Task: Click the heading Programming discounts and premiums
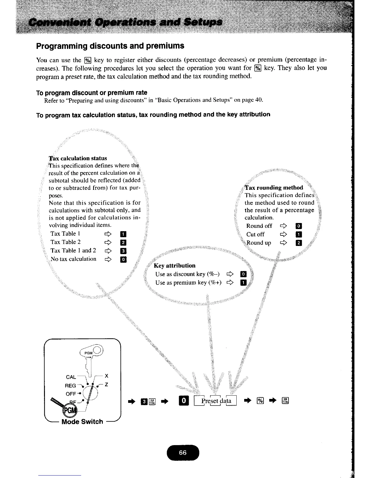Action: point(110,46)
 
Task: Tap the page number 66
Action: point(183,452)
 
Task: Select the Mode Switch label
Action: point(82,422)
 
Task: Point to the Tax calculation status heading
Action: point(78,158)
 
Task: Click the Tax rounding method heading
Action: point(274,188)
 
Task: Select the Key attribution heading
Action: point(175,266)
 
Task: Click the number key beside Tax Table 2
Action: point(123,242)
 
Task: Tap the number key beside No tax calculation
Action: point(123,259)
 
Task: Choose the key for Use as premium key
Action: point(243,283)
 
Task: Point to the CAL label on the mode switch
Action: point(71,377)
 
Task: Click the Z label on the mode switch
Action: point(106,384)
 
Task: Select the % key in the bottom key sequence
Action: point(260,401)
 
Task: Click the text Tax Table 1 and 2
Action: point(73,250)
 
